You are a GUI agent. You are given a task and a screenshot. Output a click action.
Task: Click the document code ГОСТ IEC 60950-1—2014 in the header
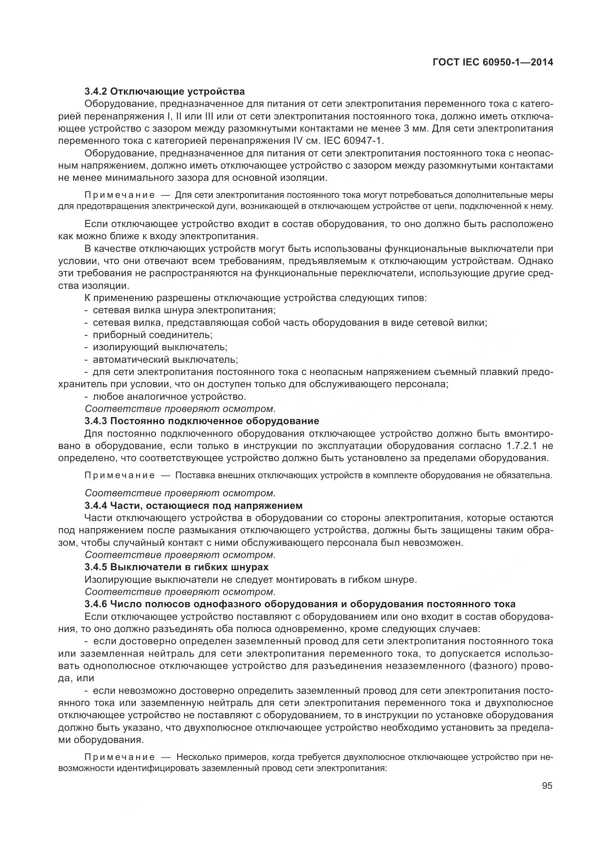click(493, 62)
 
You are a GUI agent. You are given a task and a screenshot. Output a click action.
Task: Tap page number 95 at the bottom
click(547, 786)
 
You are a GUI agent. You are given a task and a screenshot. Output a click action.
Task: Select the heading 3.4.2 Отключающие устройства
click(165, 92)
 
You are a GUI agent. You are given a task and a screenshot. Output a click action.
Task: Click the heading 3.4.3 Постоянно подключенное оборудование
click(202, 421)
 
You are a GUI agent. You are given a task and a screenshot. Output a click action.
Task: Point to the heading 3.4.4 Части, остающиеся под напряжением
click(193, 505)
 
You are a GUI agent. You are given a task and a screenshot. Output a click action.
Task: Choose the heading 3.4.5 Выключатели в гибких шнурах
click(176, 567)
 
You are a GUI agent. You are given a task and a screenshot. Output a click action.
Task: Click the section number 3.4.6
click(96, 604)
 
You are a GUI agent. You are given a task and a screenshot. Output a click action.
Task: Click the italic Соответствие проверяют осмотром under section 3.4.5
click(180, 591)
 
